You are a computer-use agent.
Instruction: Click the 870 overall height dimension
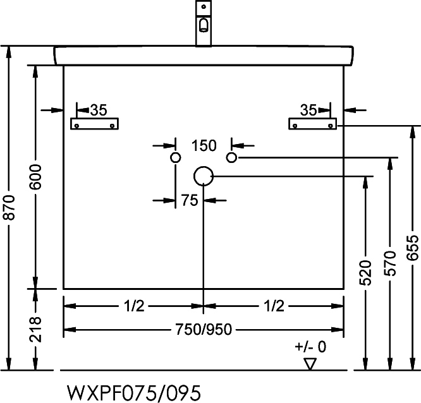pyautogui.click(x=10, y=208)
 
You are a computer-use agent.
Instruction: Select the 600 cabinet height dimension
pyautogui.click(x=35, y=177)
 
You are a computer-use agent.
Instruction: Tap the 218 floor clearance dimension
pyautogui.click(x=35, y=330)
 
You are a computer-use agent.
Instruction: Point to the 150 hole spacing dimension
pyautogui.click(x=204, y=146)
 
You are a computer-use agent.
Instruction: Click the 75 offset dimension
pyautogui.click(x=189, y=200)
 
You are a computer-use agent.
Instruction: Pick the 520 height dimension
pyautogui.click(x=365, y=273)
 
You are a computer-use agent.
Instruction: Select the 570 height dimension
pyautogui.click(x=390, y=263)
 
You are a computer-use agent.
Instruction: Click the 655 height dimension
pyautogui.click(x=412, y=248)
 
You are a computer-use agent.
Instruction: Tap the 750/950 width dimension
pyautogui.click(x=204, y=329)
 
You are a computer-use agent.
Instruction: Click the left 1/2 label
pyautogui.click(x=134, y=306)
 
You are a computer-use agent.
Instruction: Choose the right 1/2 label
pyautogui.click(x=274, y=306)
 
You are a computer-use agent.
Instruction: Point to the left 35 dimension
pyautogui.click(x=99, y=110)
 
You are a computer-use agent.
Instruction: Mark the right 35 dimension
pyautogui.click(x=308, y=110)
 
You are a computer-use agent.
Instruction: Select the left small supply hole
pyautogui.click(x=176, y=158)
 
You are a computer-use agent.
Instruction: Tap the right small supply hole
pyautogui.click(x=231, y=158)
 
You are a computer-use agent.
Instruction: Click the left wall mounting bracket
pyautogui.click(x=95, y=124)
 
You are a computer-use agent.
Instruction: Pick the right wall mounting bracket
pyautogui.click(x=312, y=124)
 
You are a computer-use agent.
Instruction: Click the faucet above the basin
pyautogui.click(x=204, y=23)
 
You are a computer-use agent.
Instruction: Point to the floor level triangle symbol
pyautogui.click(x=310, y=364)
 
